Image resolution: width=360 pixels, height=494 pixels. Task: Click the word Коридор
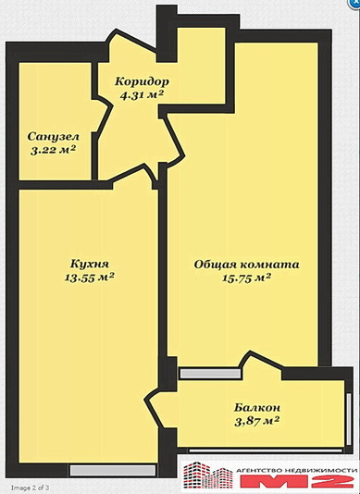pyautogui.click(x=142, y=81)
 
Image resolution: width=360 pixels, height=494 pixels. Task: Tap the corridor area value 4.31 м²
pyautogui.click(x=142, y=94)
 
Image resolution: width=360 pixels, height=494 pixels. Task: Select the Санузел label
pyautogui.click(x=54, y=137)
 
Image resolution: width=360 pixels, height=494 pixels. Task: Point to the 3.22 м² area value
pyautogui.click(x=54, y=150)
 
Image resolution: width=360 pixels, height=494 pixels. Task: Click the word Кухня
pyautogui.click(x=90, y=264)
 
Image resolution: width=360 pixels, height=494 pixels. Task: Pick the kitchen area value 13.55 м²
pyautogui.click(x=90, y=278)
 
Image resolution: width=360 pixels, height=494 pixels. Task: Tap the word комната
pyautogui.click(x=269, y=265)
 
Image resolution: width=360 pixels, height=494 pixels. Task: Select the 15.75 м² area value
pyautogui.click(x=247, y=278)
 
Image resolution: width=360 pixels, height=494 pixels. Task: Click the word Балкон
pyautogui.click(x=257, y=408)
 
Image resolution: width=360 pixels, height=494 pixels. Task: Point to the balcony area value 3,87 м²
pyautogui.click(x=257, y=421)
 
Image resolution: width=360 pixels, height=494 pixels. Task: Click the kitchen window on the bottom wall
pyautogui.click(x=113, y=471)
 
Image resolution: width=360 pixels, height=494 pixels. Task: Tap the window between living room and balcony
pyautogui.click(x=210, y=374)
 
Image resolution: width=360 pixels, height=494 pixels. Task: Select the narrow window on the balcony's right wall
pyautogui.click(x=349, y=419)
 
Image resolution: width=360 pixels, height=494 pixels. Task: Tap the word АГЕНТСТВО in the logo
pyautogui.click(x=259, y=470)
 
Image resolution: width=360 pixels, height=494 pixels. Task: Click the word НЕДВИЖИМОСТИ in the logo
pyautogui.click(x=319, y=470)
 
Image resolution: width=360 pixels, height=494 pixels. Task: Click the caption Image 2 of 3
pyautogui.click(x=31, y=488)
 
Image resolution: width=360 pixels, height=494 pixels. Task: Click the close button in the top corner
pyautogui.click(x=355, y=4)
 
